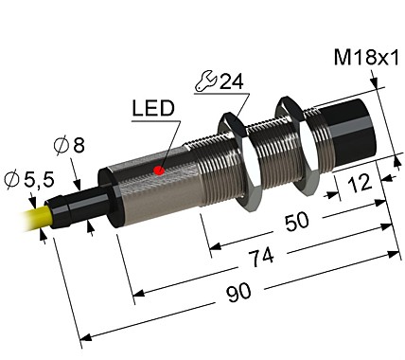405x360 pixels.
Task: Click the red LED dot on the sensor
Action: coord(159,171)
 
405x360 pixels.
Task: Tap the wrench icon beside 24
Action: coord(203,83)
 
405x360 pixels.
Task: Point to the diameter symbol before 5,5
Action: coord(12,178)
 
